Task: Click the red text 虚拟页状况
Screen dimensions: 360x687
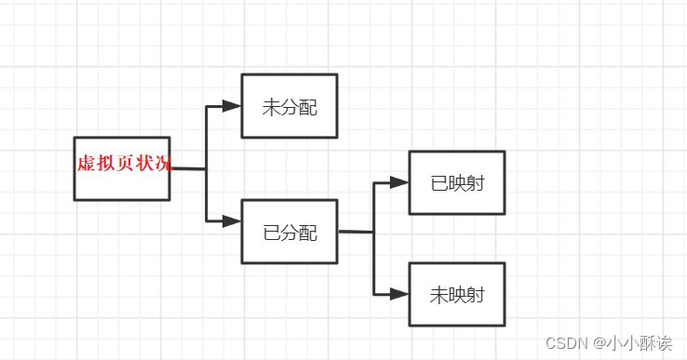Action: point(124,164)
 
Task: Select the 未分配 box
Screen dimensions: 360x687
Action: point(289,106)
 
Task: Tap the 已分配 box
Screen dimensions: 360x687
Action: point(289,232)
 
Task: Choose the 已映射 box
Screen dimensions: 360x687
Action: point(456,182)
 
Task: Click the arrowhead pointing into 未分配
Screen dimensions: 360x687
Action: point(232,106)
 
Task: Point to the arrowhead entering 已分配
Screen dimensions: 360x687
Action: point(232,221)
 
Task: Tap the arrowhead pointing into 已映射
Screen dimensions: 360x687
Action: point(399,182)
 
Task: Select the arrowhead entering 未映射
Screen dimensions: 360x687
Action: point(399,294)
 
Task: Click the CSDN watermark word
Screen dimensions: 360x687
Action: point(565,342)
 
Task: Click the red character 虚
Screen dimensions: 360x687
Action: point(86,164)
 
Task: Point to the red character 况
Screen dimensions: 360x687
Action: point(164,164)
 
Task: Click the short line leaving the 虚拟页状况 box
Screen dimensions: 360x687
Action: point(188,169)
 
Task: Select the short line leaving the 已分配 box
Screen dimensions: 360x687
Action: point(356,232)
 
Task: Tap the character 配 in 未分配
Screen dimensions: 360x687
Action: point(307,107)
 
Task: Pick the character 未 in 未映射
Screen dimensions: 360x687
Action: point(438,295)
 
